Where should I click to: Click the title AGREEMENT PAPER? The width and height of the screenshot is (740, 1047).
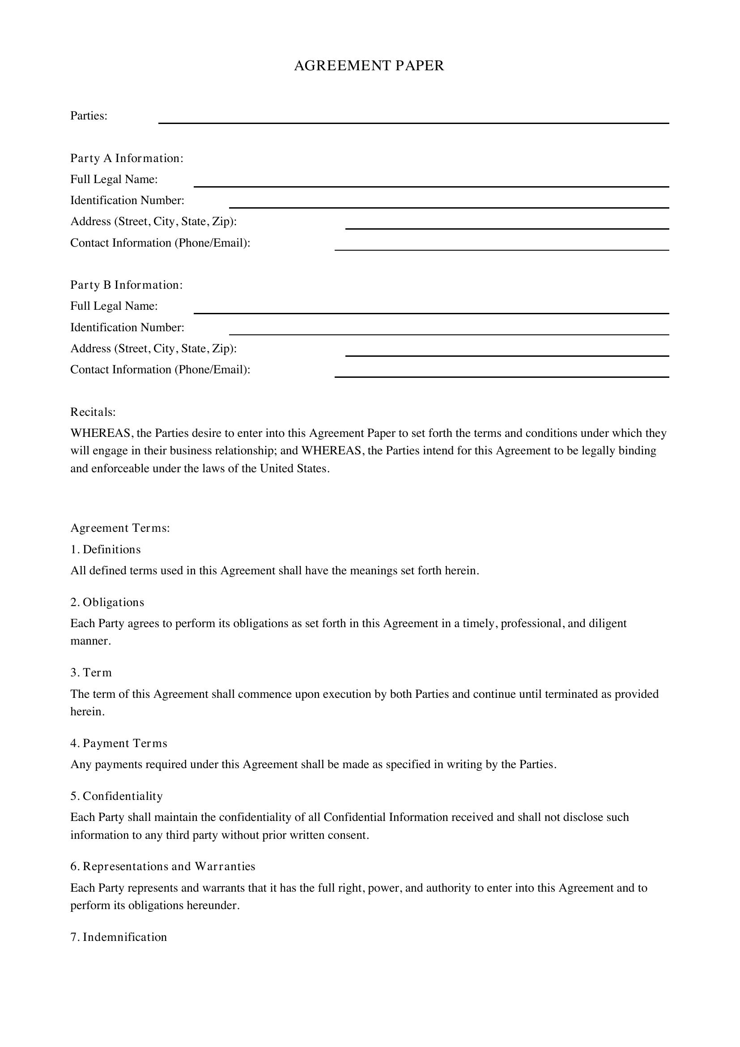tap(369, 66)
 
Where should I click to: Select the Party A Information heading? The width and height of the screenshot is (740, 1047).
tap(127, 158)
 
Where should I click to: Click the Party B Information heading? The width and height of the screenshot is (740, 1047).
tap(126, 285)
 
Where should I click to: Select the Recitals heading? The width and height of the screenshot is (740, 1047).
tap(93, 412)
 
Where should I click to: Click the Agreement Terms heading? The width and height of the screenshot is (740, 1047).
tap(120, 528)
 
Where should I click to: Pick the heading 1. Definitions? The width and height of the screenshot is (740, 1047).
tap(105, 550)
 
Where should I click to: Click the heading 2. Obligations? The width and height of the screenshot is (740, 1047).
tap(107, 603)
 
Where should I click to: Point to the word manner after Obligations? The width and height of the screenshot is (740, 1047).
tap(90, 641)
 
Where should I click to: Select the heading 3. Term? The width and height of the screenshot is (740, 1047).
tap(91, 673)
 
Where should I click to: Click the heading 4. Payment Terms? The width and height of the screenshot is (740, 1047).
tap(119, 744)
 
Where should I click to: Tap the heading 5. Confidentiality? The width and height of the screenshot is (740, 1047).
tap(116, 796)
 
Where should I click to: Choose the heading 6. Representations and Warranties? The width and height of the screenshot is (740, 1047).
tap(163, 867)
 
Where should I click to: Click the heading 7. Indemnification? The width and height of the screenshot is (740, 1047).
tap(119, 937)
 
